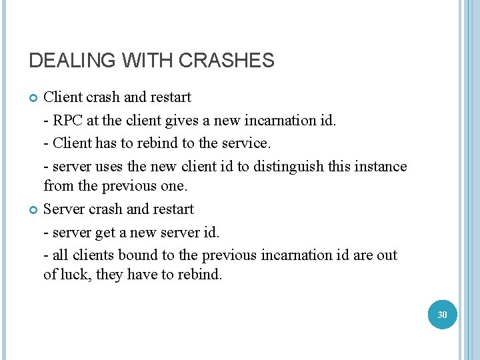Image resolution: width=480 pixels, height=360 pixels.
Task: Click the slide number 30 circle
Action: pos(442,314)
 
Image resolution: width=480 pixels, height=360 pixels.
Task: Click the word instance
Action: pos(379,166)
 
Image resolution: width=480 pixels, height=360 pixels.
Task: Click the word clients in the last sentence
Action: pos(93,255)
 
